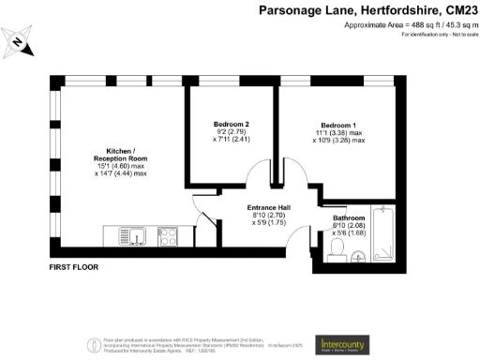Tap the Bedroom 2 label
click(232, 125)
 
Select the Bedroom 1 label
click(338, 125)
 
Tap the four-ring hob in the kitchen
click(169, 235)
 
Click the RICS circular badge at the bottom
click(94, 345)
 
